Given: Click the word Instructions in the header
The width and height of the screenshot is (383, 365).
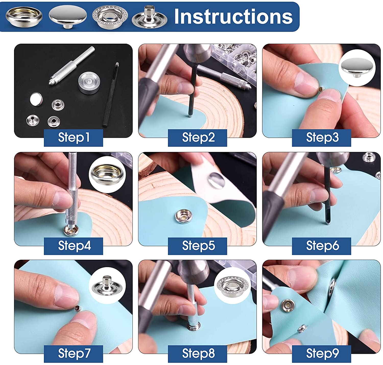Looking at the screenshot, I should coord(233,16).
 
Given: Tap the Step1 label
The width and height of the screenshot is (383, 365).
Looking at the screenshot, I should coord(74,138).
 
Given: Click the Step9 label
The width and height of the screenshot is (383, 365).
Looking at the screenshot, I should coord(322,354).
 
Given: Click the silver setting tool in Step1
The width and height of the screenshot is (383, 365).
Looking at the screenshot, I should coord(72,67).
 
